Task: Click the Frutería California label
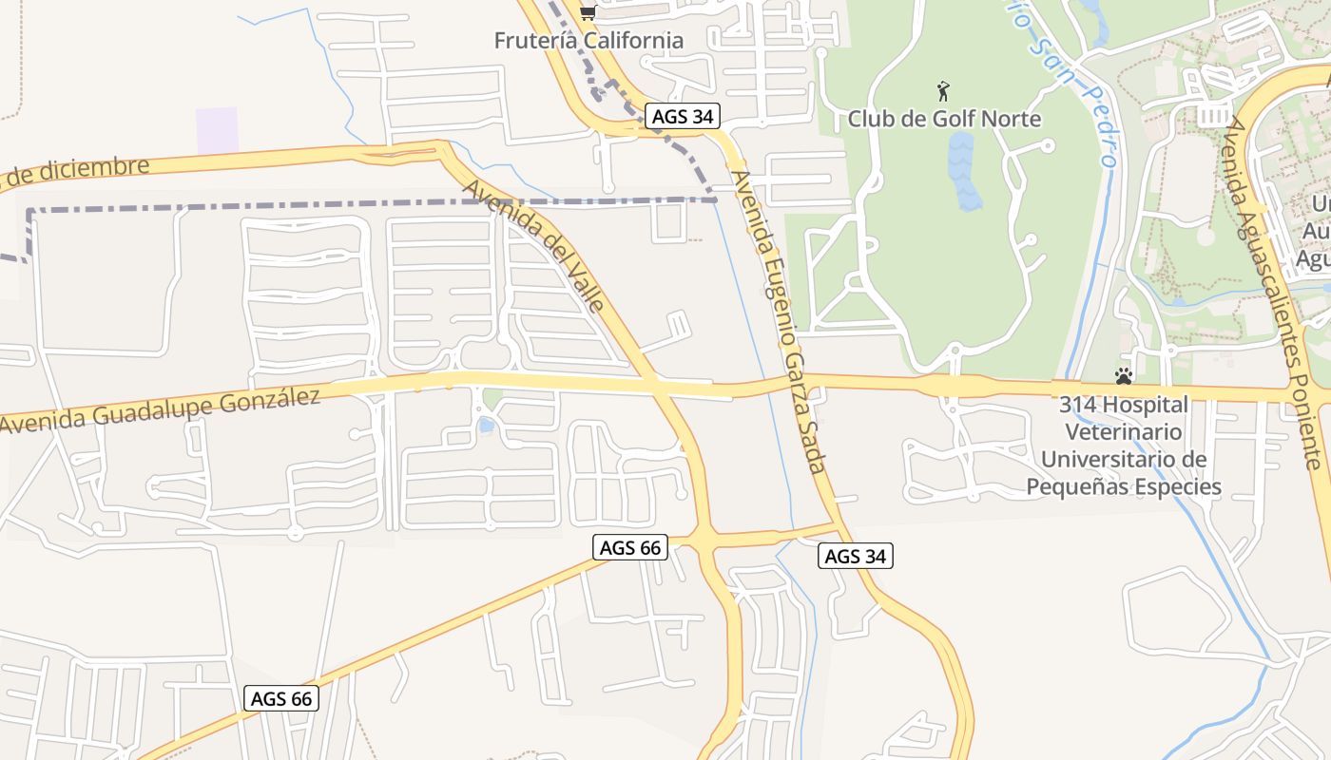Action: (588, 40)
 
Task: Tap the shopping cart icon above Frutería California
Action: (588, 12)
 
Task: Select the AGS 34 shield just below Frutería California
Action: (683, 117)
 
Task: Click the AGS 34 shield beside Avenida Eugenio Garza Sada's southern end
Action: (856, 556)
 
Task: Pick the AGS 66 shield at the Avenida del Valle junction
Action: (630, 547)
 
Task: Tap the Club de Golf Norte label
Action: (944, 119)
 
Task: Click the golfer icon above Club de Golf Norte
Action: (943, 91)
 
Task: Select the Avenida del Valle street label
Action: (534, 245)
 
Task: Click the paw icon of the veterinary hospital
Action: (1124, 375)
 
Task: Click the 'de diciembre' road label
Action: (76, 172)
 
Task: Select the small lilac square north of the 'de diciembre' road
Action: (217, 130)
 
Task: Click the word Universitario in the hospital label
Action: (1124, 460)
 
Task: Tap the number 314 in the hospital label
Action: (1076, 405)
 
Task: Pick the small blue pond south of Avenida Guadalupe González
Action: (487, 426)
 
